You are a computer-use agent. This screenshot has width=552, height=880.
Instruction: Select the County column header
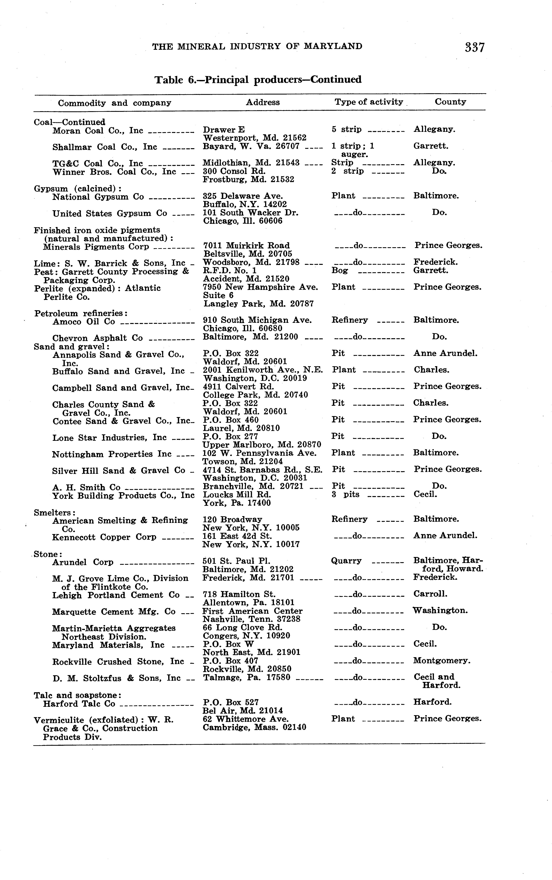450,102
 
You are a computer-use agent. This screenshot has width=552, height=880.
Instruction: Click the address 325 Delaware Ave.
243,196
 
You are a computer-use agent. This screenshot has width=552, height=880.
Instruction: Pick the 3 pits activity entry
345,494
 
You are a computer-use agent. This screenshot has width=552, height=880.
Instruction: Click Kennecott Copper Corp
104,537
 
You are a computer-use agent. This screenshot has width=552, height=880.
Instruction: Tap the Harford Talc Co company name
79,704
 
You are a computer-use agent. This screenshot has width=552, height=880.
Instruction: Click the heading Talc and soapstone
77,695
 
